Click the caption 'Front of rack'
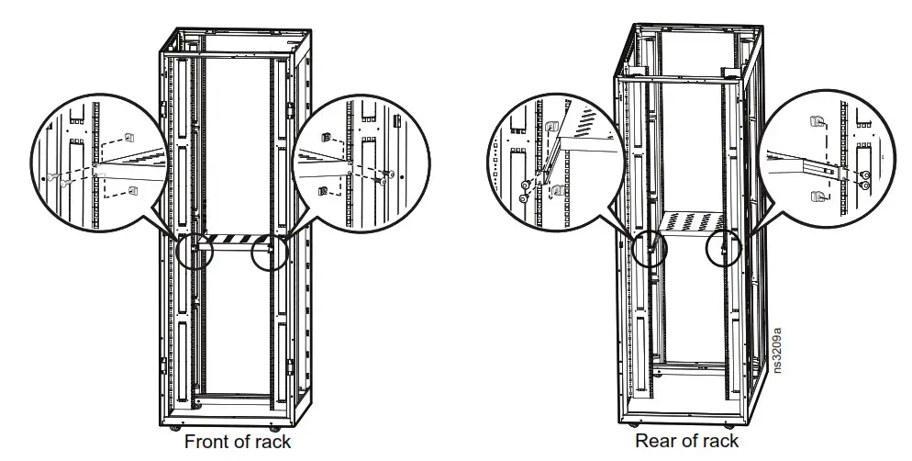[238, 443]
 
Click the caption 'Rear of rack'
[686, 442]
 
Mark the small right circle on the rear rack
[724, 247]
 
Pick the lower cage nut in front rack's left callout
[133, 191]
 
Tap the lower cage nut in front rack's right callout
[322, 190]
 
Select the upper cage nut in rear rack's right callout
[814, 121]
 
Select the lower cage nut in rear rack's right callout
[814, 197]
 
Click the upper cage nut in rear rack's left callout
[551, 128]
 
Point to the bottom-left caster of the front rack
[175, 427]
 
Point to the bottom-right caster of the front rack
[276, 427]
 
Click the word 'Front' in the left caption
[207, 443]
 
